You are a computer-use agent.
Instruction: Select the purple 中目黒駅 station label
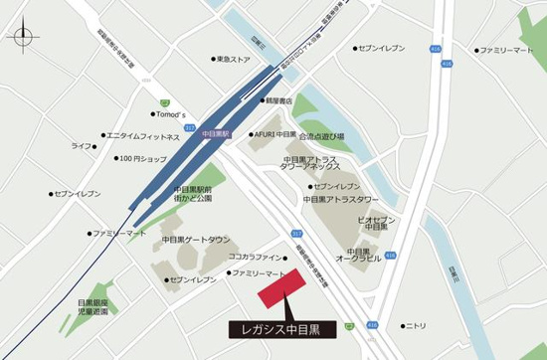click(215, 132)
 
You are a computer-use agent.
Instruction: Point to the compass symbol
click(22, 41)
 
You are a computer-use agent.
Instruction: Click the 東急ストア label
click(233, 60)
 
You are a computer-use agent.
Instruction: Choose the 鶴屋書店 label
click(277, 100)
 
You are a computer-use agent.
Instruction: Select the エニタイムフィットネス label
click(143, 136)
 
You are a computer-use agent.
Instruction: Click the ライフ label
click(82, 146)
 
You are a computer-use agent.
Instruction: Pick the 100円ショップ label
click(142, 159)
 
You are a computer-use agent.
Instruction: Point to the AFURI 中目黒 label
click(274, 133)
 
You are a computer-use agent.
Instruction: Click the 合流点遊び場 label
click(323, 136)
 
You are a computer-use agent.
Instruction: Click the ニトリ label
click(415, 325)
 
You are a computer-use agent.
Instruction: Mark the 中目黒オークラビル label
click(359, 256)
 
